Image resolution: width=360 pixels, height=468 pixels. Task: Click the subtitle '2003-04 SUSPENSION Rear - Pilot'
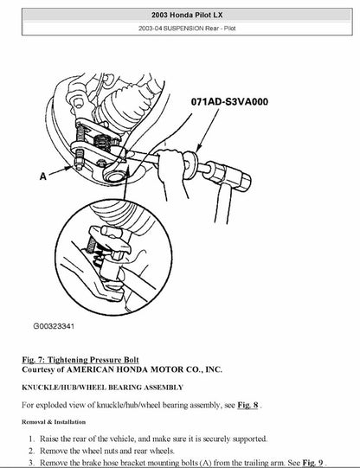[179, 33]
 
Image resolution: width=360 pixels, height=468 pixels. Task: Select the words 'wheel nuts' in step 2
[137, 450]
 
